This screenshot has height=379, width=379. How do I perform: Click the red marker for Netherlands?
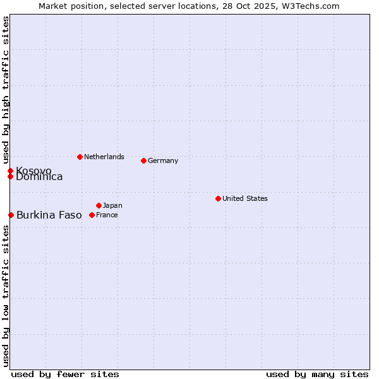coord(80,157)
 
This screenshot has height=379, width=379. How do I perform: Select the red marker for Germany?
coord(143,160)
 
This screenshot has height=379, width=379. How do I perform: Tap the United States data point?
coord(218,198)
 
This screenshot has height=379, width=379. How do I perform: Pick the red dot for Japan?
coord(99,205)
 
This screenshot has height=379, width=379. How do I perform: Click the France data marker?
coord(92,215)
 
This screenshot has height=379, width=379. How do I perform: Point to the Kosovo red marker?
coord(10,171)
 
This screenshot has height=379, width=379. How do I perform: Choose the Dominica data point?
coord(10,176)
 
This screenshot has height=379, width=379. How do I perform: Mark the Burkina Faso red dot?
coord(11,215)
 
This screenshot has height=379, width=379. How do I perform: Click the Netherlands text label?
coord(104,157)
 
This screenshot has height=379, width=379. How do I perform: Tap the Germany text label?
coord(163,160)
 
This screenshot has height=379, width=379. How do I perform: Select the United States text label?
coord(245,198)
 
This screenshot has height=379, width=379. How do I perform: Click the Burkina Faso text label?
coord(49,215)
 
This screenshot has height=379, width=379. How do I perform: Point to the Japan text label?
coord(112,205)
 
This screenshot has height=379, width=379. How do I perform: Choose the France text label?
coord(107,215)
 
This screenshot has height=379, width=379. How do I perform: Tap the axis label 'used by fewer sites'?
coord(65,374)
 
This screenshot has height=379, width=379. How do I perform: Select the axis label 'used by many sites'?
coord(317,374)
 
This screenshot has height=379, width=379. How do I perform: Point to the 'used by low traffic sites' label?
coord(6,296)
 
